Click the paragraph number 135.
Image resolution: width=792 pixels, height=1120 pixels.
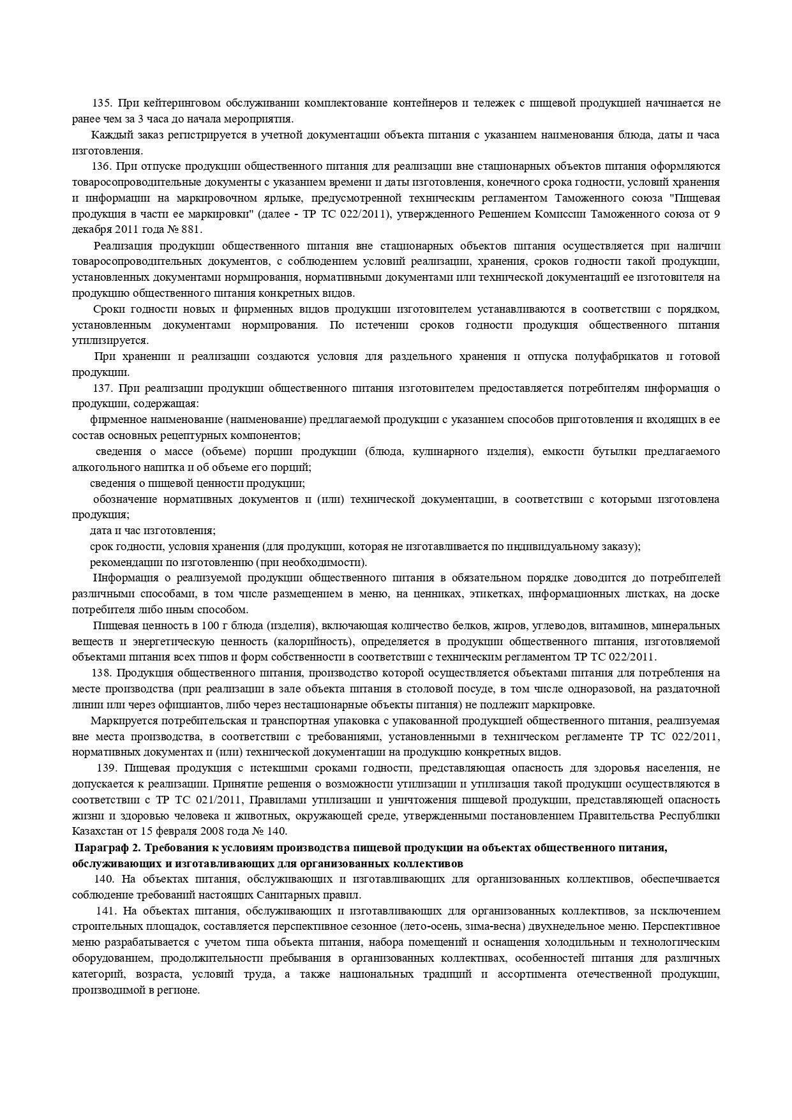[x=101, y=103]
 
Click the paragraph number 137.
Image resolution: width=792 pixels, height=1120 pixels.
[x=102, y=388]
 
